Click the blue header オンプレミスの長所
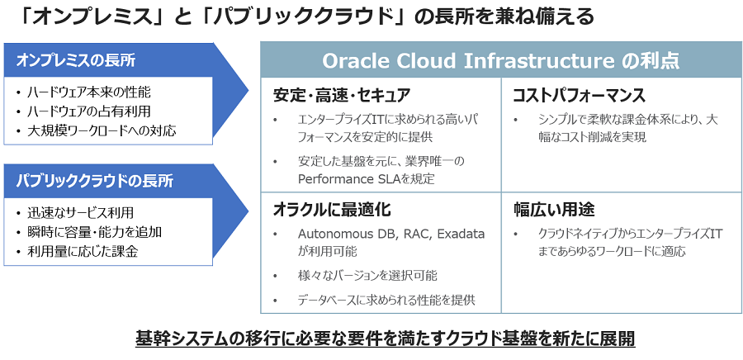pyautogui.click(x=76, y=60)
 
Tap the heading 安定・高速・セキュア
pyautogui.click(x=342, y=95)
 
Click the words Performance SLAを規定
pyautogui.click(x=366, y=178)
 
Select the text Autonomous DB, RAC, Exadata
pyautogui.click(x=391, y=234)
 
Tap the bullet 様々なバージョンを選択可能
pyautogui.click(x=367, y=275)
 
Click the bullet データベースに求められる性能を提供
pyautogui.click(x=386, y=300)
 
